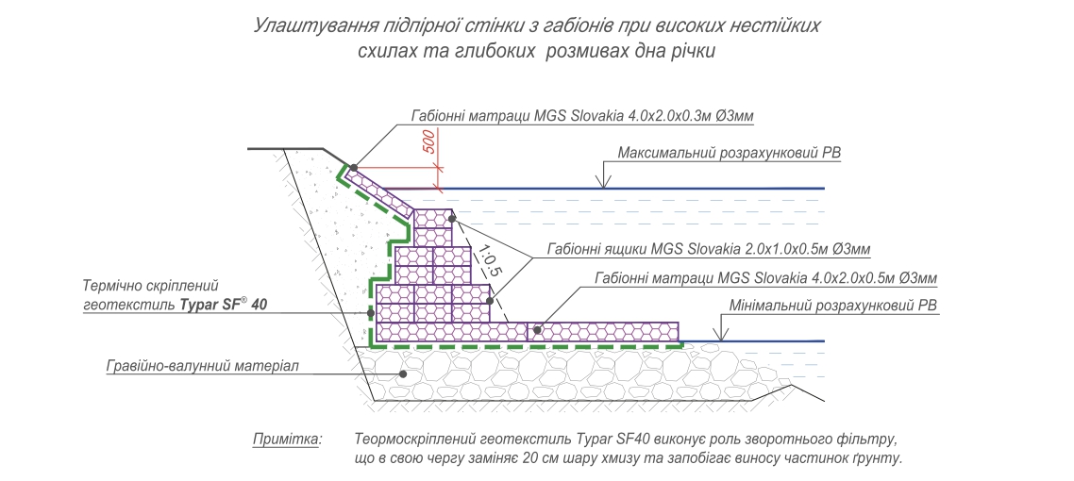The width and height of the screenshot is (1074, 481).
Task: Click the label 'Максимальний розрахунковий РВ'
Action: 729,154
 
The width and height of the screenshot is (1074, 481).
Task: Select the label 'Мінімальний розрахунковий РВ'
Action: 833,306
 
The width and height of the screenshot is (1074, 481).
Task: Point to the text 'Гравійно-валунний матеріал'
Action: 203,366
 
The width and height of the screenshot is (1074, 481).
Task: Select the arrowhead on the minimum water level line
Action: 719,335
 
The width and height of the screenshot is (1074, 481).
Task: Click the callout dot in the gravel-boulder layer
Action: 403,374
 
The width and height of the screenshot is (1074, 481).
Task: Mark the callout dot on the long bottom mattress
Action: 538,330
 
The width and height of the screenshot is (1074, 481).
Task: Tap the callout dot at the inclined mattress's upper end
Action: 353,168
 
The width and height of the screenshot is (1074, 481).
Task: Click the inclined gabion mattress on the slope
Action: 378,191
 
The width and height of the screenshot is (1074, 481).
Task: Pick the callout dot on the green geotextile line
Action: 371,313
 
